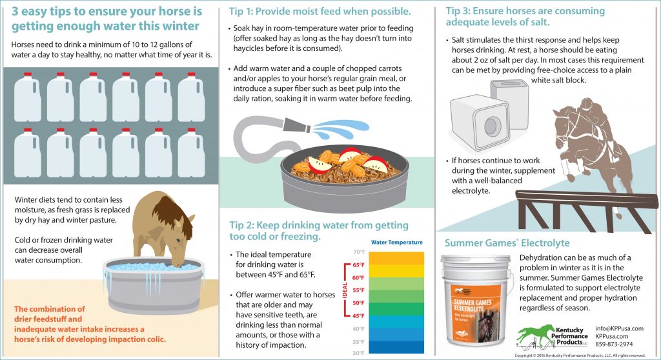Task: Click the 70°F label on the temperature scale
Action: click(x=358, y=252)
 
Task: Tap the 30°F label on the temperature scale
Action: click(x=358, y=354)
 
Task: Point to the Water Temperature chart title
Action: click(x=397, y=243)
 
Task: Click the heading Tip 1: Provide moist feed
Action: click(x=320, y=12)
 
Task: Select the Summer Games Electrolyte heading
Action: click(x=507, y=243)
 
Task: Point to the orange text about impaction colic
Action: click(x=90, y=324)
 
